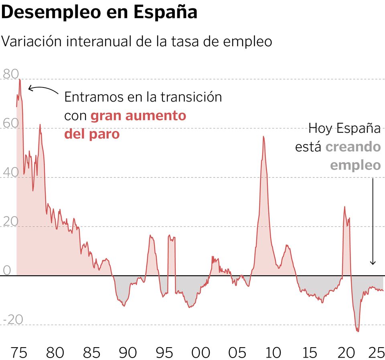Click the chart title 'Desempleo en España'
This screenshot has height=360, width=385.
99,12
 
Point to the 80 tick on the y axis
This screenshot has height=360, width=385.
10,74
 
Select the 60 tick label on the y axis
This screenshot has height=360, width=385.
10,123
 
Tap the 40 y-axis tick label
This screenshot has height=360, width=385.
10,172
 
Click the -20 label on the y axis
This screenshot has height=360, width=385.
13,319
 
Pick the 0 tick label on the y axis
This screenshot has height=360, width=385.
7,270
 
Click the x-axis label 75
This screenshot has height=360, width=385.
19,352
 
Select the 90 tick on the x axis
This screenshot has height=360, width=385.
128,352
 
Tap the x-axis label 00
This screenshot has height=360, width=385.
201,352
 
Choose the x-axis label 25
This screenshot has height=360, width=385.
376,352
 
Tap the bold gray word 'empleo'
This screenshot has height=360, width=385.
355,165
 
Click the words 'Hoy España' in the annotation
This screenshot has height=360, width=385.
344,128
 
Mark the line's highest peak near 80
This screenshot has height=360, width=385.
20,79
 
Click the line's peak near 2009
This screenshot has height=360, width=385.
263,136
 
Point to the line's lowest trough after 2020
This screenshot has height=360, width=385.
358,332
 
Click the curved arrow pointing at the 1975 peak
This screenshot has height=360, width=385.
42,89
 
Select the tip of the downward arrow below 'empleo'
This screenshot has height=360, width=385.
373,264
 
